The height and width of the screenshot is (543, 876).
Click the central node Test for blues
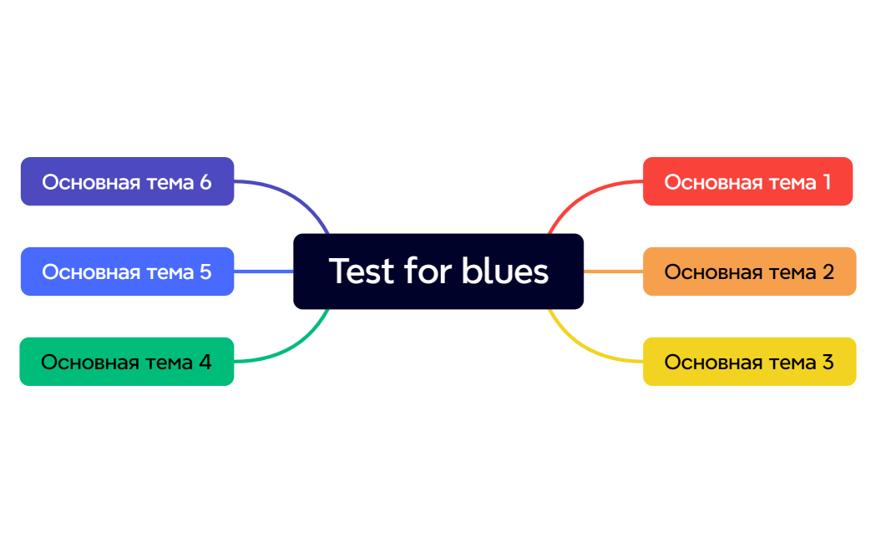tap(438, 271)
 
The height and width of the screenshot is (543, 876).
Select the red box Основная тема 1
tap(747, 181)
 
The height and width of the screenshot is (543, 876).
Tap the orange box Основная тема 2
tap(749, 271)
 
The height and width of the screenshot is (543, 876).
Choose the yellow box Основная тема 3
tap(749, 362)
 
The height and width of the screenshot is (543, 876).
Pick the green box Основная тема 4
tap(126, 362)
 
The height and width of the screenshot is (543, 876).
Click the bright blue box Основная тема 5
tap(127, 271)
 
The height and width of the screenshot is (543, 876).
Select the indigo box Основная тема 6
tap(127, 181)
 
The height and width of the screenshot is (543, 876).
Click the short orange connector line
tap(613, 271)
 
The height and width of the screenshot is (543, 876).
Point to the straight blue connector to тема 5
tap(263, 271)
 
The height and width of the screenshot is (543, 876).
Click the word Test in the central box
tap(361, 271)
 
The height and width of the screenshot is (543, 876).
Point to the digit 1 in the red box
tap(826, 181)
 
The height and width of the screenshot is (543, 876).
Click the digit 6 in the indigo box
tap(205, 181)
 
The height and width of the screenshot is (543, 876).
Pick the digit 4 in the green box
tap(205, 362)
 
